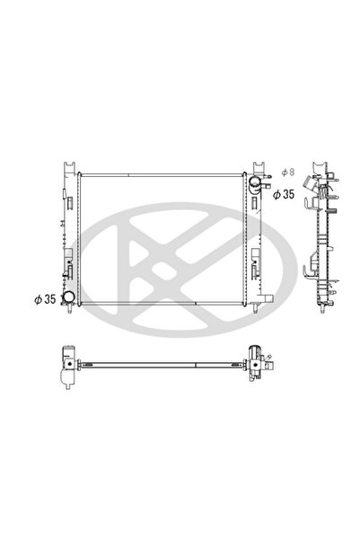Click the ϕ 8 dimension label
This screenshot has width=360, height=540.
(x=285, y=172)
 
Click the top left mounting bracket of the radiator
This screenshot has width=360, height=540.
(x=68, y=168)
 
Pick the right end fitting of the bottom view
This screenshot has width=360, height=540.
(x=260, y=361)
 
